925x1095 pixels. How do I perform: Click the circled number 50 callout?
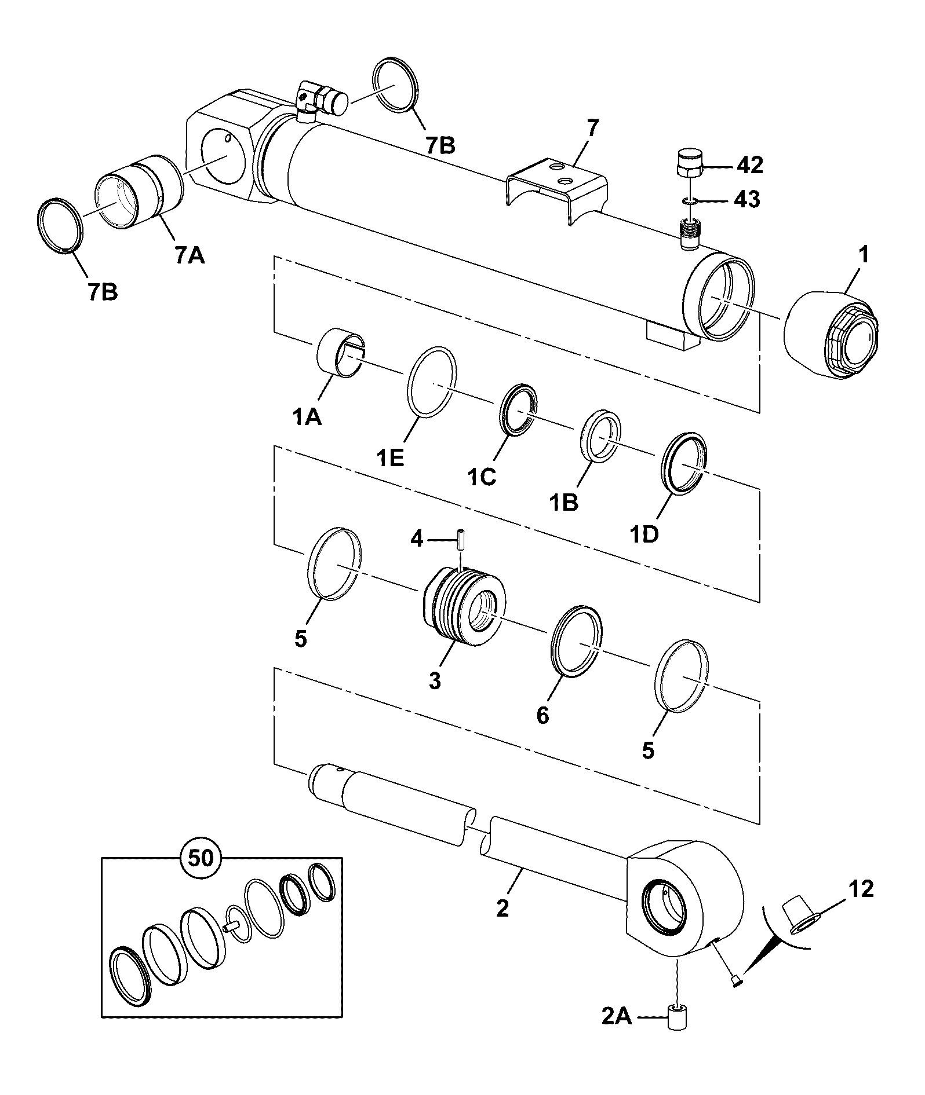(202, 858)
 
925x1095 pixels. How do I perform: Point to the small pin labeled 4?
(461, 540)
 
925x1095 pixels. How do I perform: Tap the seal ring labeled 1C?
(518, 408)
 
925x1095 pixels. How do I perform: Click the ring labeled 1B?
(602, 436)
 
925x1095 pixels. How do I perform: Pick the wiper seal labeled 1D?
(685, 463)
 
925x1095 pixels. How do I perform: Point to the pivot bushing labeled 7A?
(139, 191)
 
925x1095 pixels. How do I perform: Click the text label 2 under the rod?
(502, 907)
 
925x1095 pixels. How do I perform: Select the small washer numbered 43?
(689, 200)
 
